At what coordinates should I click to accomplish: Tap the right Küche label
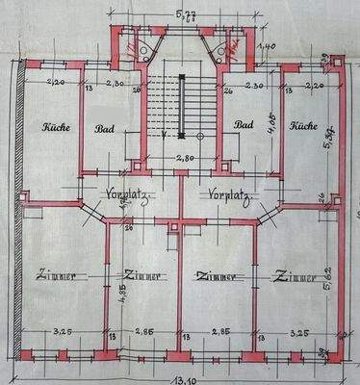(303, 126)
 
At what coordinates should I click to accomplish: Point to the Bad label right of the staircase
(244, 125)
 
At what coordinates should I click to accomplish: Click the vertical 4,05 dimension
(273, 122)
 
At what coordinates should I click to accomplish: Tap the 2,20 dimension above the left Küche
(54, 83)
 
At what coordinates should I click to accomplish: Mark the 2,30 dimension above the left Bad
(113, 83)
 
